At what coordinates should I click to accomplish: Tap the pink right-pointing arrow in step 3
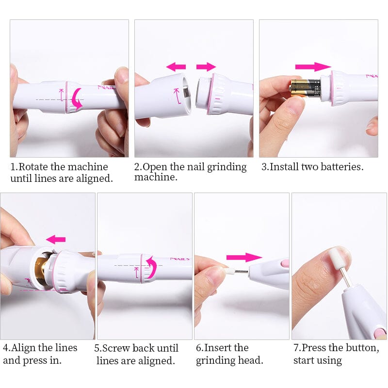pos(313,66)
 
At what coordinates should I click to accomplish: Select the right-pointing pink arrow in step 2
pos(206,66)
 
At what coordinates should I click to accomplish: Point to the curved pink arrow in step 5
pos(151,267)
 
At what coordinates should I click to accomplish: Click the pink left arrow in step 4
pos(56,239)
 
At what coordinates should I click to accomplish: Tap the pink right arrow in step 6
pos(243,257)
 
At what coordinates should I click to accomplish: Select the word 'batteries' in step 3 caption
pos(342,167)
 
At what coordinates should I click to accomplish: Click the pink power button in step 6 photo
pos(284,263)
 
